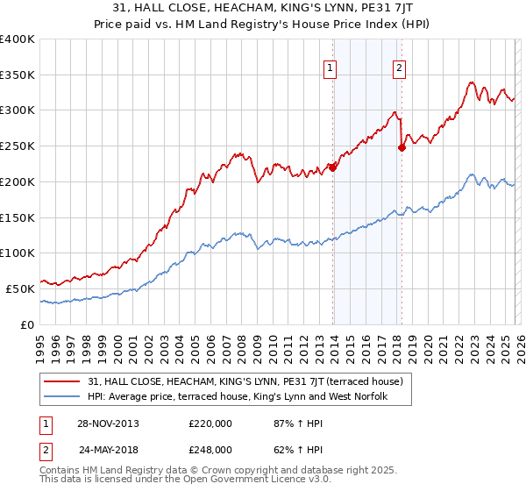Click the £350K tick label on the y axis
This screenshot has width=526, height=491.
pos(18,75)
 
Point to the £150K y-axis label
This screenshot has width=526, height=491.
pos(18,217)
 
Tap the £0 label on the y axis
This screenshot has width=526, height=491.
pos(27,324)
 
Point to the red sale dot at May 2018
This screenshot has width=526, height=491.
pos(402,148)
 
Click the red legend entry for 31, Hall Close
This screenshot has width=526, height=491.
pos(245,381)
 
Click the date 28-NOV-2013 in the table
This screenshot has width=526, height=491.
pos(109,423)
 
